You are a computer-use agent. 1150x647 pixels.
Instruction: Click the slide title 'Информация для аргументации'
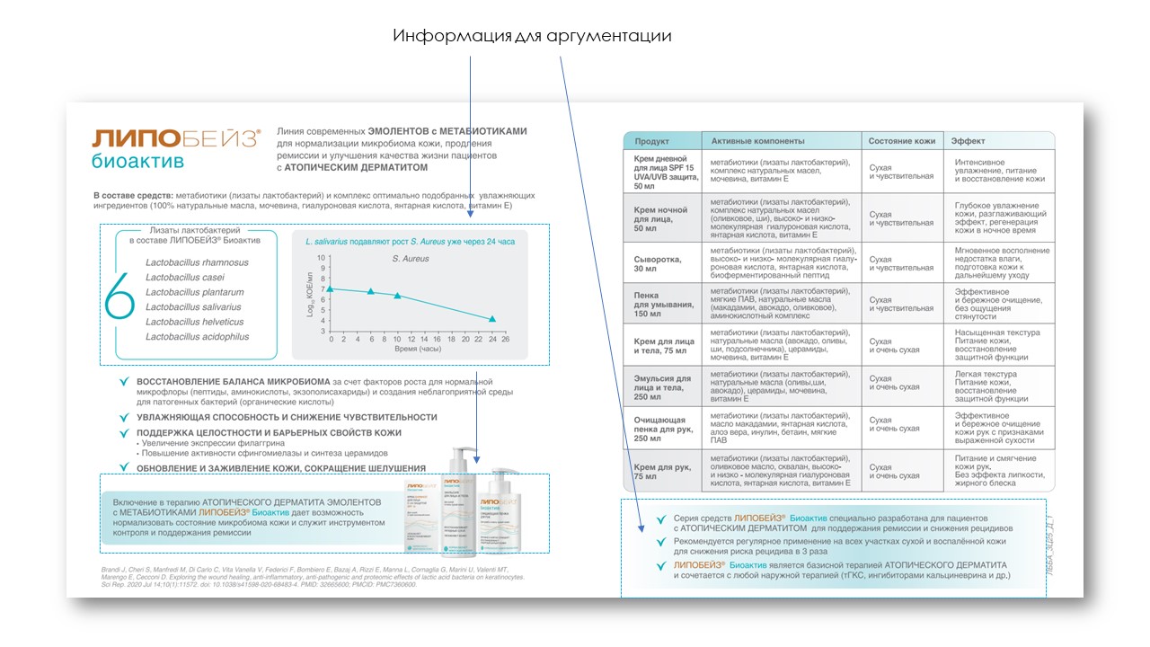(x=532, y=36)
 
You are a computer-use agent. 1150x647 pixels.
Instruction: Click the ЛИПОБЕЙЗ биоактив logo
(x=175, y=148)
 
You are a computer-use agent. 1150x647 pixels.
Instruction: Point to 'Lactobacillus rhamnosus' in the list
(x=197, y=262)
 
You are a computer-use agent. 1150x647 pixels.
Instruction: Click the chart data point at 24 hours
(x=491, y=319)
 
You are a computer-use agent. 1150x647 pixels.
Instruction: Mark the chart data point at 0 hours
(x=331, y=288)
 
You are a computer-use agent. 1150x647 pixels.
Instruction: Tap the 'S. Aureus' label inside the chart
(x=411, y=259)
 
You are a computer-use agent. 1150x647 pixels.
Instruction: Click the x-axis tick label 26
(x=505, y=340)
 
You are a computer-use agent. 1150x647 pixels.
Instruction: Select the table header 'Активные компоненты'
(x=757, y=141)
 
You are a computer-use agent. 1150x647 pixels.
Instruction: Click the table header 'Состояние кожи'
(x=902, y=141)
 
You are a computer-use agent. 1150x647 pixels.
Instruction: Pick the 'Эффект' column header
(x=969, y=141)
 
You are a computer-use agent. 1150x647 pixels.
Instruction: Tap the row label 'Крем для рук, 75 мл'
(x=660, y=472)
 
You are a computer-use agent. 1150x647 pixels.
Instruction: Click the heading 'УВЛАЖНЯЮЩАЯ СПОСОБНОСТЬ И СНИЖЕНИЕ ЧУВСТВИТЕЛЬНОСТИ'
(x=287, y=417)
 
